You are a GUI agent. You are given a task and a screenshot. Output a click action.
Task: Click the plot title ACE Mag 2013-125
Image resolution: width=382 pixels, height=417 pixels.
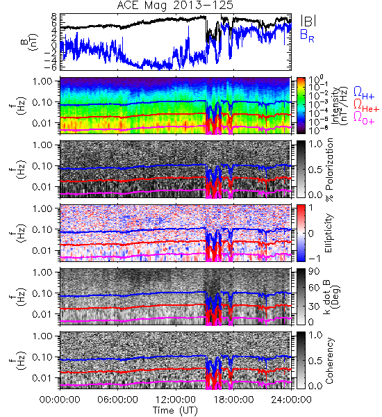click(x=175, y=6)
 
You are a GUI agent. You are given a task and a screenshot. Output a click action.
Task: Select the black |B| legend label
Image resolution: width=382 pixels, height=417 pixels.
click(x=308, y=21)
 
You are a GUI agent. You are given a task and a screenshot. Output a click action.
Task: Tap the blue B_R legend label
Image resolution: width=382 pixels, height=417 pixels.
click(x=307, y=35)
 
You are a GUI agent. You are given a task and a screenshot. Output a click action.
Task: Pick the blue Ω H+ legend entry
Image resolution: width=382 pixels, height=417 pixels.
click(x=364, y=92)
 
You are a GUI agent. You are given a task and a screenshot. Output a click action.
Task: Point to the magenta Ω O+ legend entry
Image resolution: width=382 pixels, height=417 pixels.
click(x=364, y=117)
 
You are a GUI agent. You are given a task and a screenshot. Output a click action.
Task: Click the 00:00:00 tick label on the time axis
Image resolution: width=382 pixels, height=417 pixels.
click(x=60, y=400)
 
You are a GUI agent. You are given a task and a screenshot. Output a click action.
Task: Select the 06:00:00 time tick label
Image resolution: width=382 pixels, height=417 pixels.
click(x=117, y=400)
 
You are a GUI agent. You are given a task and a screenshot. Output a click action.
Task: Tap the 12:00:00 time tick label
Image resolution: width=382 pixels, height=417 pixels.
click(x=176, y=400)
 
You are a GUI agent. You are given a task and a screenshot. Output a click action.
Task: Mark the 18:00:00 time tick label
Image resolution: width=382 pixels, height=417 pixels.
click(x=233, y=400)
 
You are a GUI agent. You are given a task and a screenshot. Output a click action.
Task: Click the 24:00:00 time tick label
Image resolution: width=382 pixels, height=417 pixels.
click(x=291, y=400)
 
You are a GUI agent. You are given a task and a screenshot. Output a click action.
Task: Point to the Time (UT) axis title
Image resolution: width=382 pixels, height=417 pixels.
click(x=176, y=410)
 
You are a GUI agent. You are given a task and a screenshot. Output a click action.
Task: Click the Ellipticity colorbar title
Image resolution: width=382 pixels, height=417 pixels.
click(x=329, y=233)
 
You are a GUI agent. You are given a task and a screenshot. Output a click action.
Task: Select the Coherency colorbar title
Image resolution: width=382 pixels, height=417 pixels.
click(x=329, y=361)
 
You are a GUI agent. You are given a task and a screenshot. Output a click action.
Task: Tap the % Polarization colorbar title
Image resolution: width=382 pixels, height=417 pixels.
click(x=329, y=170)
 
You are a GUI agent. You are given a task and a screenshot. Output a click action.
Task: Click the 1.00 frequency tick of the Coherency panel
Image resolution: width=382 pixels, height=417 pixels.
click(x=44, y=336)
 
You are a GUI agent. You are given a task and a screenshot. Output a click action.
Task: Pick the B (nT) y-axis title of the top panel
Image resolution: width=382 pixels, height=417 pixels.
click(x=31, y=42)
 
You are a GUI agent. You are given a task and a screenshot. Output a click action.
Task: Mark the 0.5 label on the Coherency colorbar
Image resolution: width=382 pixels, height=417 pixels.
click(x=315, y=361)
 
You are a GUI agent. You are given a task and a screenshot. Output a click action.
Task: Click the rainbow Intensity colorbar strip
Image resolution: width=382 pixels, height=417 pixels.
click(x=301, y=106)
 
